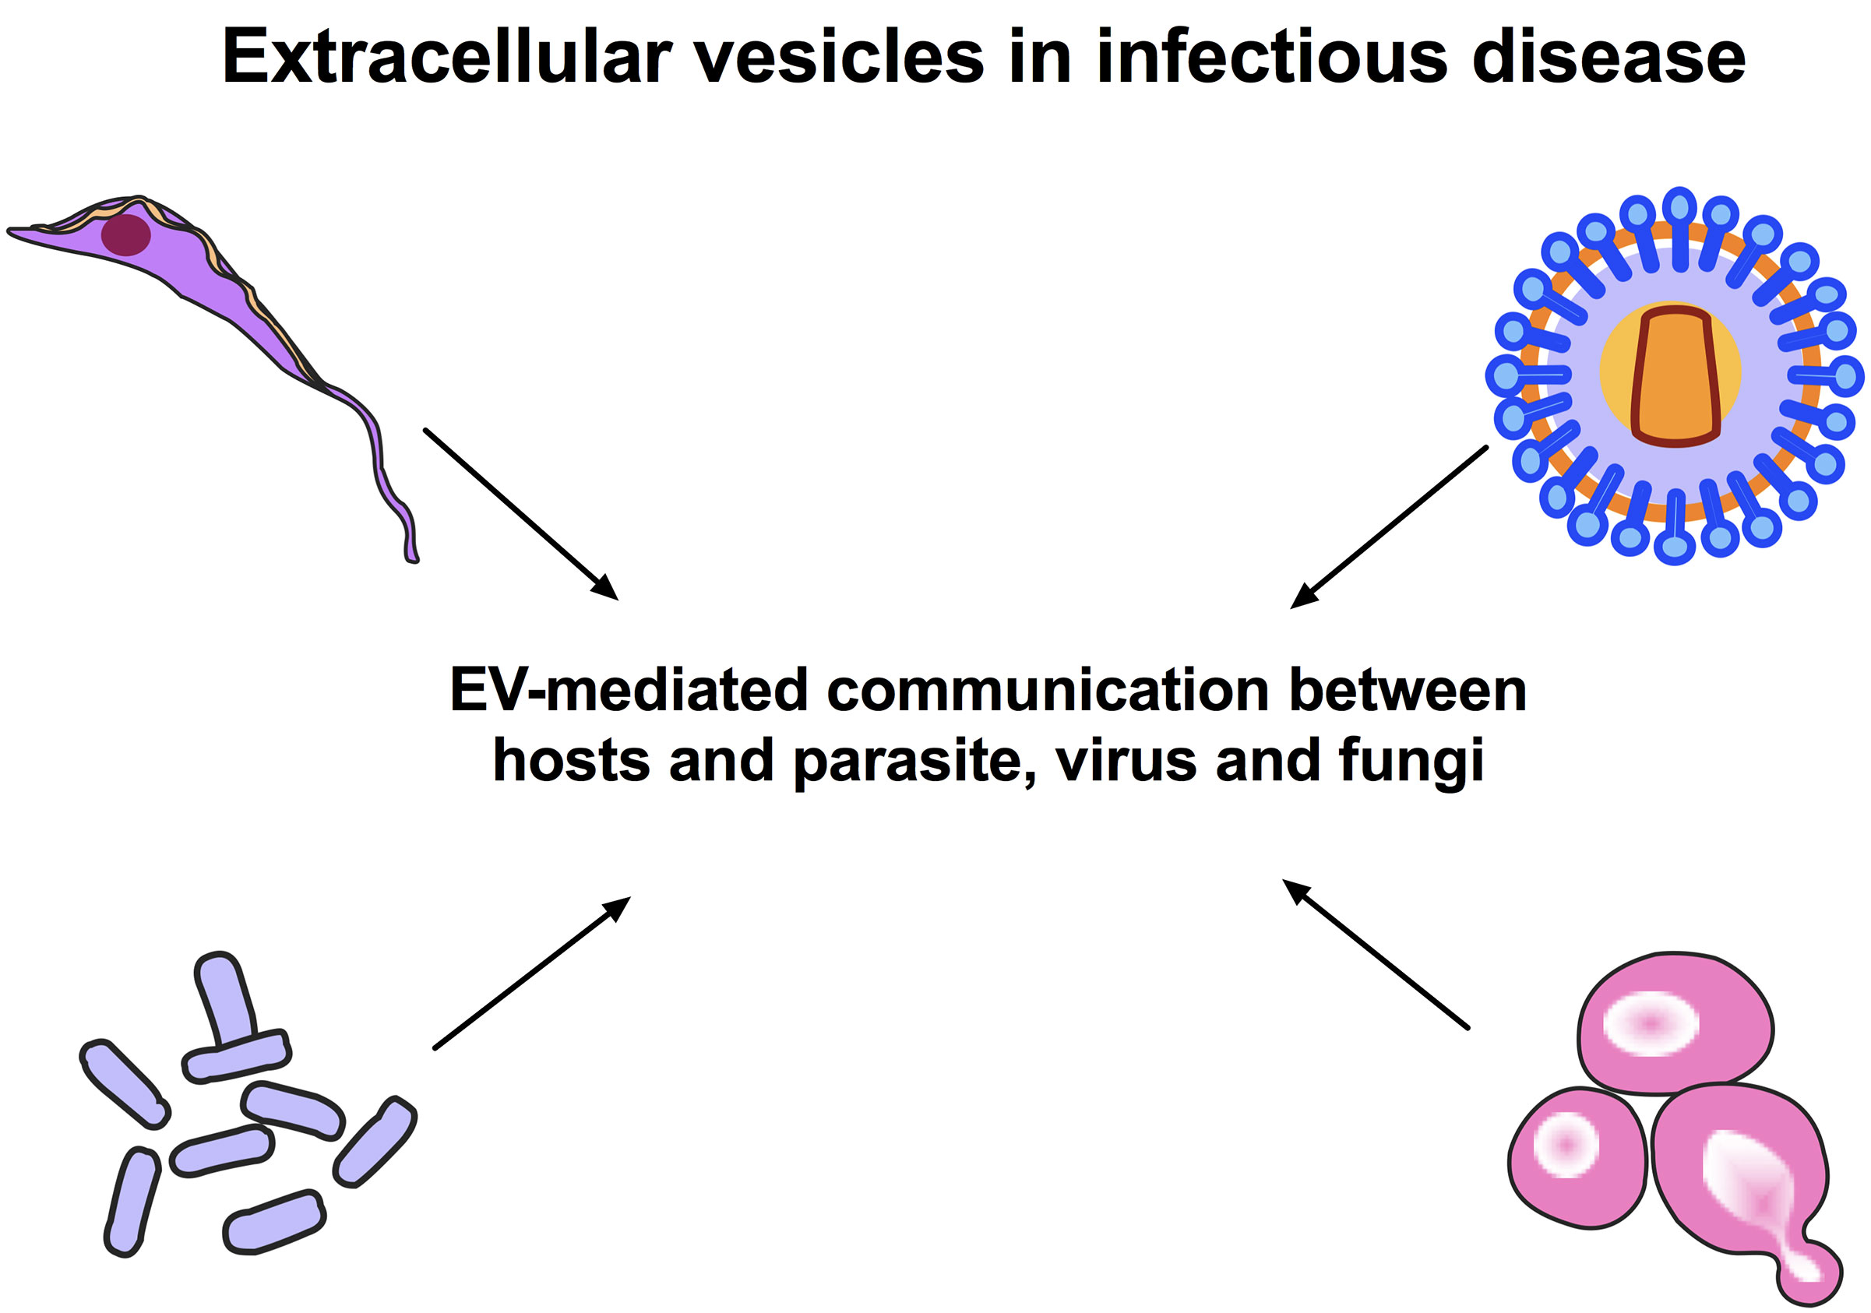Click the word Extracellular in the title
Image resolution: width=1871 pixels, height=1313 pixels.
click(446, 57)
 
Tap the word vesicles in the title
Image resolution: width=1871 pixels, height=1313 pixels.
click(839, 57)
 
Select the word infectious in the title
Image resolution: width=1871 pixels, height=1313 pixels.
click(1271, 57)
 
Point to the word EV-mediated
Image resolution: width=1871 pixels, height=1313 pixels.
click(629, 690)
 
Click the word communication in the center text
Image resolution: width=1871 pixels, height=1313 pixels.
click(1048, 690)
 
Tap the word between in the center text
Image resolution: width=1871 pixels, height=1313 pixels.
click(1408, 690)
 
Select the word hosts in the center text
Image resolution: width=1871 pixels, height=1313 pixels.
click(571, 760)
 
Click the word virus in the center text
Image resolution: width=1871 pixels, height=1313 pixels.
click(1126, 760)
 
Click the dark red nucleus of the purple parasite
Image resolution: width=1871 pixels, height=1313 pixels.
click(125, 234)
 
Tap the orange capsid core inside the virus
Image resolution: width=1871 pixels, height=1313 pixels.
click(1675, 376)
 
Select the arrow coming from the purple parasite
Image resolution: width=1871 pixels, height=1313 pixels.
click(521, 514)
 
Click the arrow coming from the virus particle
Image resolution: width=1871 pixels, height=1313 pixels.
click(1389, 526)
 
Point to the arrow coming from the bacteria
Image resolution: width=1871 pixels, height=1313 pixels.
click(531, 973)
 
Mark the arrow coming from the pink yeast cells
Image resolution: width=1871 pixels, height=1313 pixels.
click(1376, 955)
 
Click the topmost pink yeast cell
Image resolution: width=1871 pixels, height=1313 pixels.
click(1675, 1023)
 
